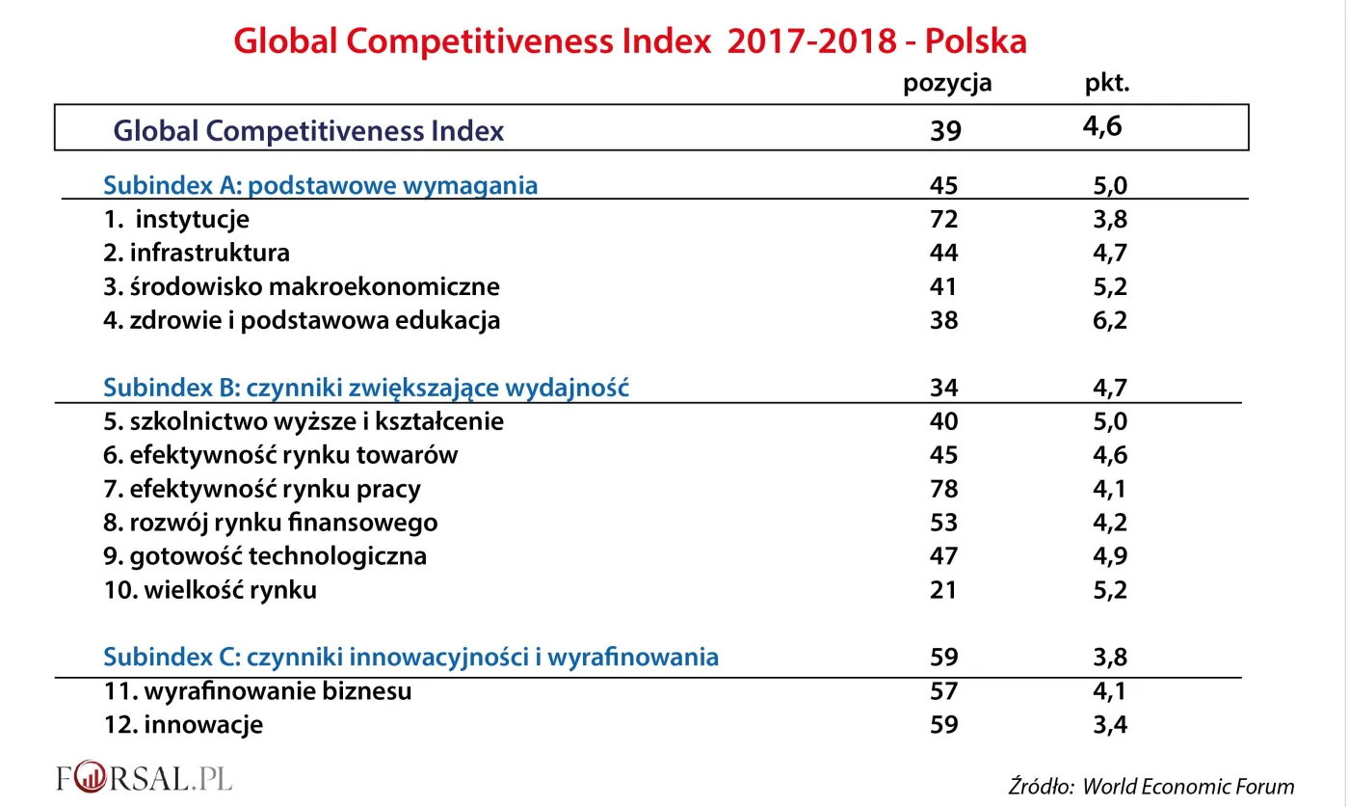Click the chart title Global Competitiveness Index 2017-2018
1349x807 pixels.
(x=630, y=40)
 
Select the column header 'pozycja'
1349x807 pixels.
(x=946, y=84)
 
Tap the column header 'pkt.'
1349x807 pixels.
(x=1106, y=84)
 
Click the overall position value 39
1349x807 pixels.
(x=945, y=130)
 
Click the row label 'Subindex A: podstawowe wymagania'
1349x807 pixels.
(x=320, y=185)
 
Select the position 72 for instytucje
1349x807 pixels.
(x=943, y=219)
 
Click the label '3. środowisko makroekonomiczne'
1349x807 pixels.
(x=302, y=286)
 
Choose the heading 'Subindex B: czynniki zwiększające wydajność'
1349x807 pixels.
(x=366, y=388)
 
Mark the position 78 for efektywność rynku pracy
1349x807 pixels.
(x=943, y=489)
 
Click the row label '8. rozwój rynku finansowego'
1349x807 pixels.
(x=271, y=523)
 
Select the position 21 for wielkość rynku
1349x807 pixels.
(x=943, y=590)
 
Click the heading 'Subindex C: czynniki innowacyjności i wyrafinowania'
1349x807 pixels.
(x=410, y=658)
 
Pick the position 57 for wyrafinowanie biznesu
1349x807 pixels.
(x=943, y=691)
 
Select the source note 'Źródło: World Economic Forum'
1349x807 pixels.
(x=1151, y=786)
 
